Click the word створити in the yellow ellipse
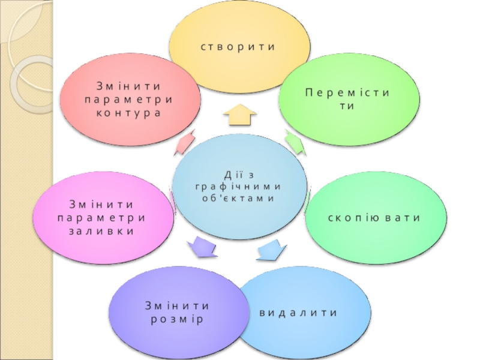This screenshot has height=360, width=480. (238, 46)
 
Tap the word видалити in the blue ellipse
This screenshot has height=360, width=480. (298, 313)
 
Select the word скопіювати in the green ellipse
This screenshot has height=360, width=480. (374, 217)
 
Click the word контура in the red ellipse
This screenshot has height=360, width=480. (128, 113)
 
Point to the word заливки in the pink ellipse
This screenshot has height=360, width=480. (101, 230)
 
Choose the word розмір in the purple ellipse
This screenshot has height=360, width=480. (176, 319)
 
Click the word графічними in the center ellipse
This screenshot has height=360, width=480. (238, 186)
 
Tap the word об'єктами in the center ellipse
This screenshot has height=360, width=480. (238, 198)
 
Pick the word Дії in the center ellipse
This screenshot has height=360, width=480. (231, 175)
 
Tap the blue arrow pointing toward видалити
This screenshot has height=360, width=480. (271, 249)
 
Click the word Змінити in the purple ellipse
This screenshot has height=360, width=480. (177, 306)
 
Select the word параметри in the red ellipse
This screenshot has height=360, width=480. (128, 99)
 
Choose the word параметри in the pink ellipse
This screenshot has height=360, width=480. (101, 217)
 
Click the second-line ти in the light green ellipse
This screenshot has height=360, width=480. (347, 106)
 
